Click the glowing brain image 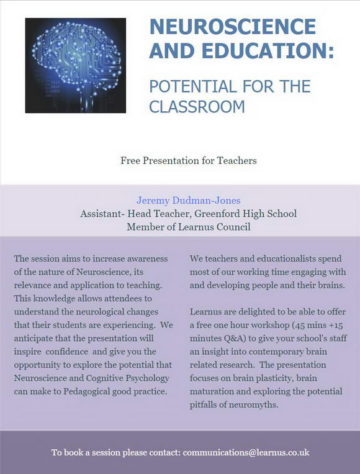tap(75, 65)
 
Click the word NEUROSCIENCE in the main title tap(233, 27)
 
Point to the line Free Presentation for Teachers tap(188, 160)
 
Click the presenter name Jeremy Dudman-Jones tap(188, 200)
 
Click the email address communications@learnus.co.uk tap(246, 452)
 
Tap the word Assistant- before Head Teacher tap(101, 214)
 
